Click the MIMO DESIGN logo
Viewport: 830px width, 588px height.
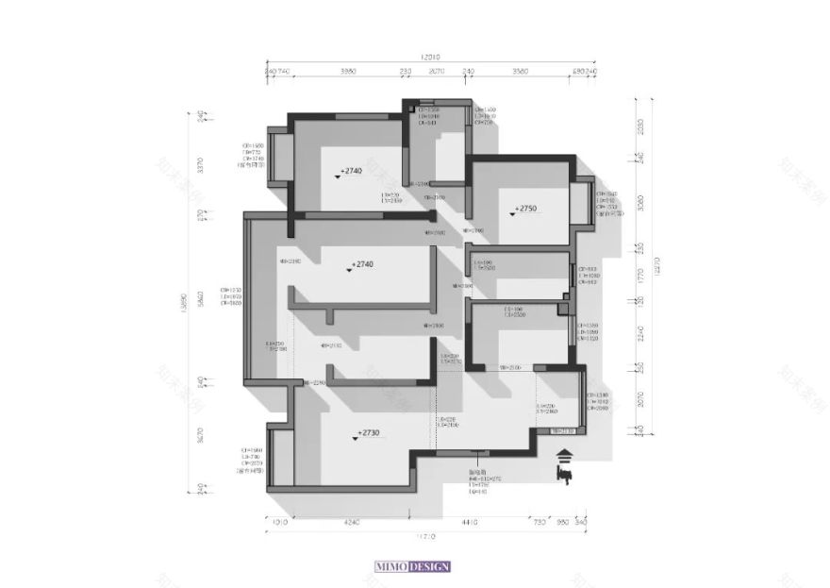tap(412, 566)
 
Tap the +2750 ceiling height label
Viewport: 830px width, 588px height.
tap(524, 210)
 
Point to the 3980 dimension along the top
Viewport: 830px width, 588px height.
tap(348, 72)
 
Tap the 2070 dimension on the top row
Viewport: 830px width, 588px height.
tap(437, 72)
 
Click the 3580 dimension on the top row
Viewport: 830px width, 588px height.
tap(520, 72)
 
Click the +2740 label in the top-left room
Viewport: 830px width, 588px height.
tap(352, 173)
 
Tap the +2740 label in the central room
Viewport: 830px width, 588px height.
tap(361, 266)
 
